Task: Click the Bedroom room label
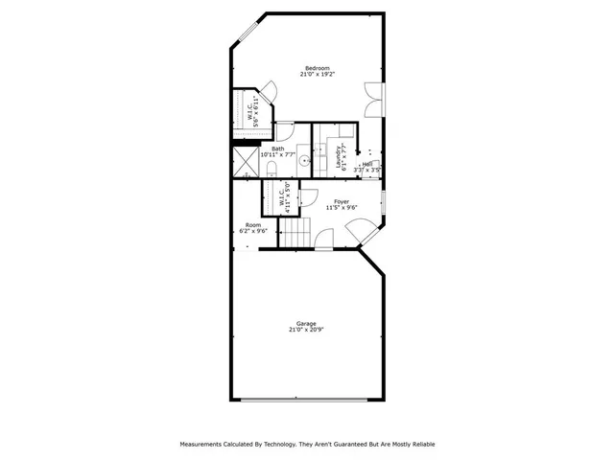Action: click(x=317, y=67)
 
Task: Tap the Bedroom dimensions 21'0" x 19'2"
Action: click(x=317, y=75)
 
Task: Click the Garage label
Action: click(x=307, y=323)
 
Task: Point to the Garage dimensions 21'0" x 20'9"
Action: click(x=307, y=330)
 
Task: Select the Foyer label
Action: click(x=341, y=201)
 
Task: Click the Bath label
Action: click(x=278, y=149)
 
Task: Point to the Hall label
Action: click(x=368, y=164)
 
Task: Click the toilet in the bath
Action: click(x=272, y=169)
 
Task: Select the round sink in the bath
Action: click(x=303, y=161)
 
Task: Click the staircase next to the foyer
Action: click(x=296, y=232)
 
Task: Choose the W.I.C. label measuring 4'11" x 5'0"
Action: click(x=284, y=199)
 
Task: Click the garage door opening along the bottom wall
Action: click(x=307, y=401)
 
